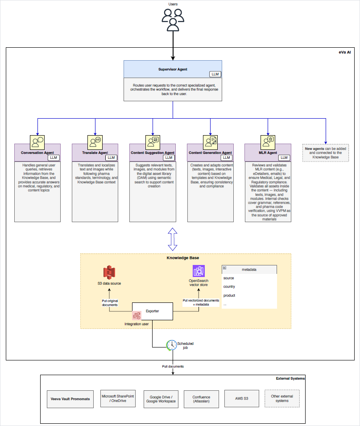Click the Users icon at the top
coord(173,20)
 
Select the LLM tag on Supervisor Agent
coord(215,74)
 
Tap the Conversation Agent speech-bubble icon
coord(37,142)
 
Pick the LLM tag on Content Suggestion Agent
coord(169,157)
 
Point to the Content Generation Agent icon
coord(210,142)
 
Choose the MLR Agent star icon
coord(268,142)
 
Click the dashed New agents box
coord(325,153)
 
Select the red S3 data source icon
coord(109,273)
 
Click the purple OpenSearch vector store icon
coord(198,271)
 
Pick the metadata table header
coord(249,269)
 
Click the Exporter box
coord(152,311)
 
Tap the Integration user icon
coord(137,315)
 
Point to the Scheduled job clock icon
coord(171,345)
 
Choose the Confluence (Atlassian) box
coord(201,399)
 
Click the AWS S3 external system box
coord(241,398)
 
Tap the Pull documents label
coord(173,366)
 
